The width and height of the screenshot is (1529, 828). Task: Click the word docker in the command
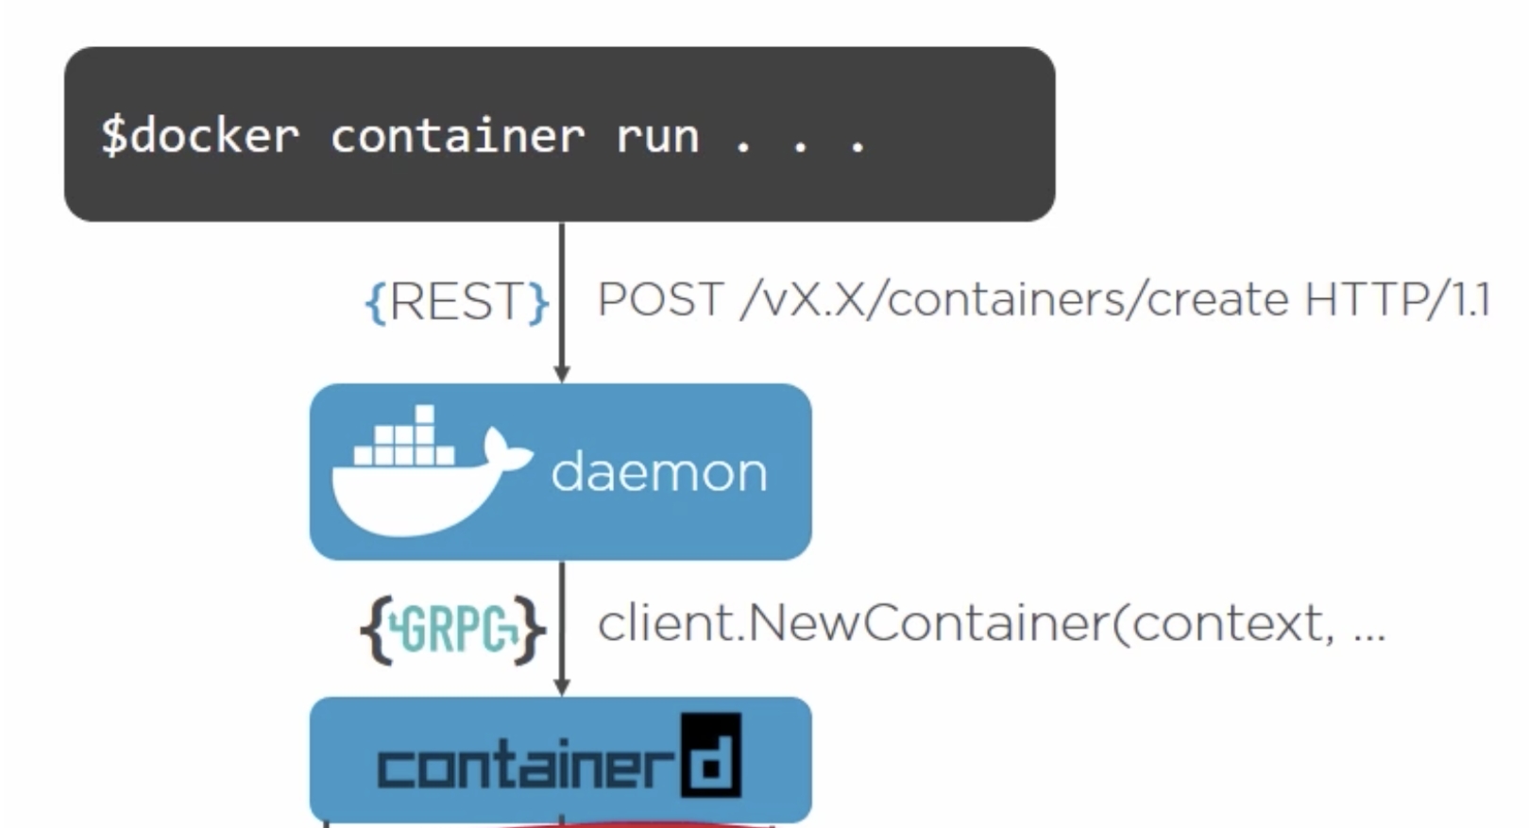click(x=214, y=136)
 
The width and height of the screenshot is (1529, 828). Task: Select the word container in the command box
click(x=457, y=136)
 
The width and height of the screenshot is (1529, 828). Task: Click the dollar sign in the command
click(x=113, y=135)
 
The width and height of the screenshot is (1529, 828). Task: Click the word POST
click(x=660, y=300)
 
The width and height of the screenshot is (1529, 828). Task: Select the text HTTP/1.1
click(x=1396, y=300)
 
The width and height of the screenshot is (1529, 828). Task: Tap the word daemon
click(x=659, y=471)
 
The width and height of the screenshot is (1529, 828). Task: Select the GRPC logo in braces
click(x=453, y=627)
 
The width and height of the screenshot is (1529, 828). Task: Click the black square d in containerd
click(x=711, y=755)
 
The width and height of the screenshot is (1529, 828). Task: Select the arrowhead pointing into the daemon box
click(x=562, y=373)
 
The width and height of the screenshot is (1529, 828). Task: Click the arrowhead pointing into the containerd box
click(x=562, y=686)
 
